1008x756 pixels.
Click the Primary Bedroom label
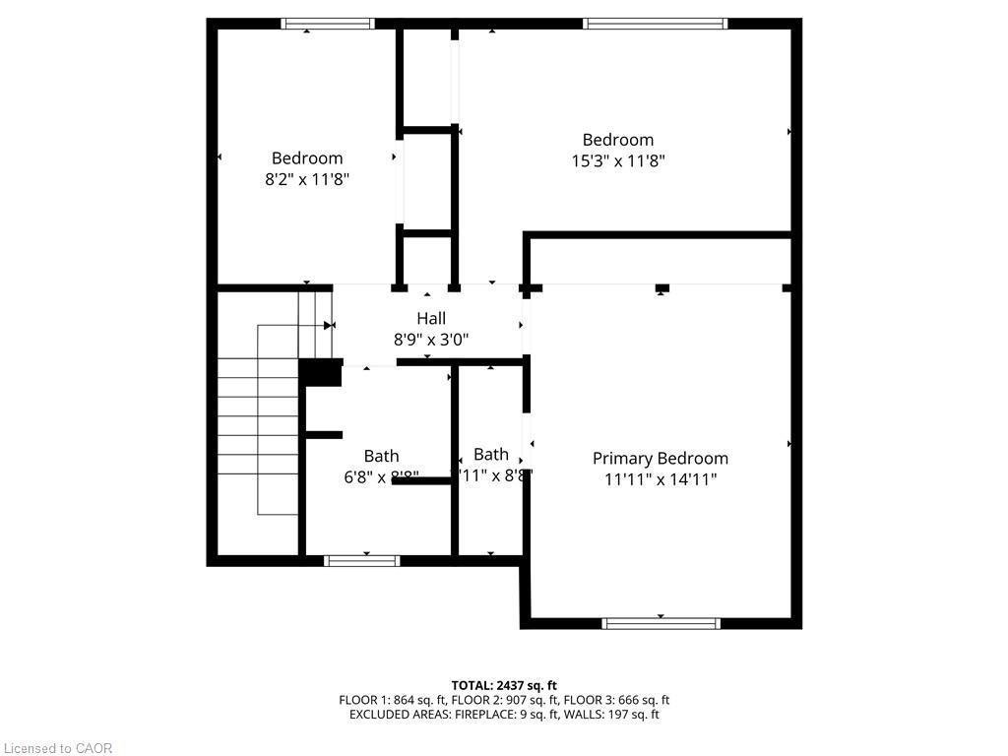661,458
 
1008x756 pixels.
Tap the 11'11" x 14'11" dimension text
661,479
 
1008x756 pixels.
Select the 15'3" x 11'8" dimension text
618,160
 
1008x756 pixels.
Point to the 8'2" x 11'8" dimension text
307,179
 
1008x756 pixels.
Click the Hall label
431,318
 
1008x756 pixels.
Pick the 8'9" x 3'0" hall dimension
431,340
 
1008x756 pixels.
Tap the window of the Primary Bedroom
661,622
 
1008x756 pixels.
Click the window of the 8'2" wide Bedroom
328,24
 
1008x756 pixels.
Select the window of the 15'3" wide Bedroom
655,24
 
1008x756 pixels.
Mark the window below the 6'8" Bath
362,560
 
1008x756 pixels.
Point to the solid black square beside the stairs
319,373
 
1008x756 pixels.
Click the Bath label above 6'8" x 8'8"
382,456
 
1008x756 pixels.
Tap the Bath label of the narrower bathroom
491,454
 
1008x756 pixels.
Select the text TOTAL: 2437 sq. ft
504,685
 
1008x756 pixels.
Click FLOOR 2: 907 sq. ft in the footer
504,700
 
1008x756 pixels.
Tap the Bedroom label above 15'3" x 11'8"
618,140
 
